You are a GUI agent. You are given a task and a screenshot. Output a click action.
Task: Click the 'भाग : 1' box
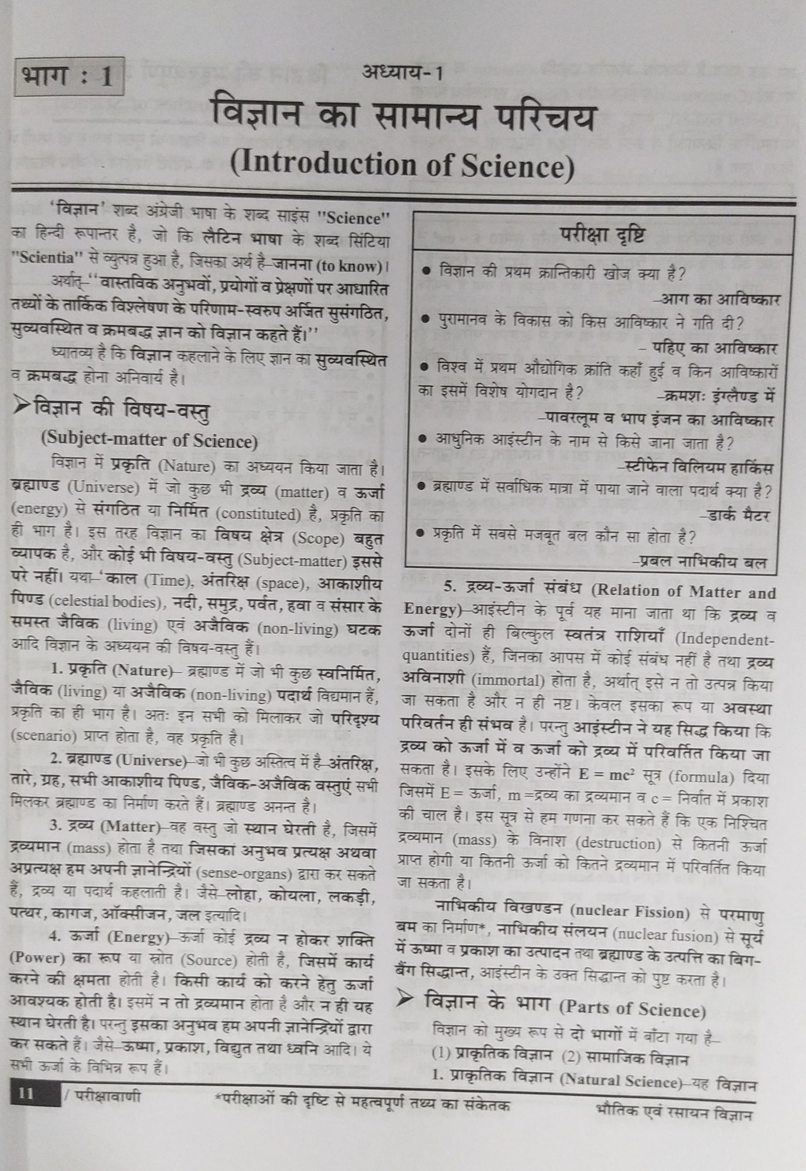69,77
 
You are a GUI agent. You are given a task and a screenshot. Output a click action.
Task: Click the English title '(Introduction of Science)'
402,165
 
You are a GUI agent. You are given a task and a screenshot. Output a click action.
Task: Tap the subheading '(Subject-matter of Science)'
149,440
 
